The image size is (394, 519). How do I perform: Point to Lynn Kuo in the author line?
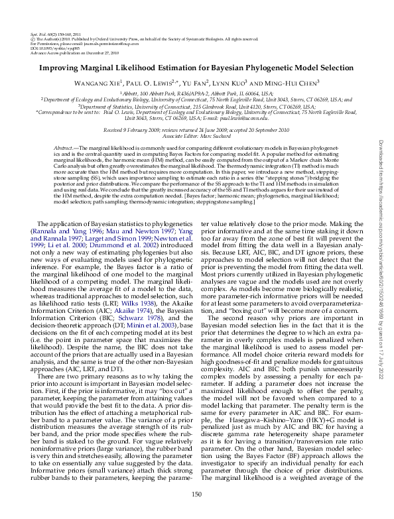[x=231, y=84]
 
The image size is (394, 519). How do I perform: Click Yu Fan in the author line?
[x=196, y=84]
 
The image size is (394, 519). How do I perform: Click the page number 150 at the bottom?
[x=196, y=495]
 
